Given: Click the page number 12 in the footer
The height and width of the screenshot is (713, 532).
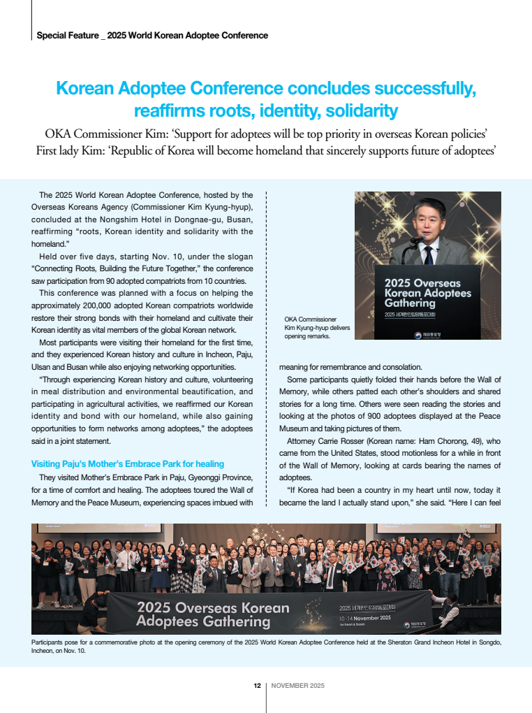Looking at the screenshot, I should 257,686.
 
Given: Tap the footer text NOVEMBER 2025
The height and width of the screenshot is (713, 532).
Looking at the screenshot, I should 298,686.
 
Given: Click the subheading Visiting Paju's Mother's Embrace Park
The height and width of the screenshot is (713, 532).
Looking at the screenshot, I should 128,463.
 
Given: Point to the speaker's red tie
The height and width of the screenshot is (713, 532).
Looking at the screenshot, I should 428,254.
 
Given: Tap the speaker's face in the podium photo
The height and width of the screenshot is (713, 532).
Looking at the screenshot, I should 428,219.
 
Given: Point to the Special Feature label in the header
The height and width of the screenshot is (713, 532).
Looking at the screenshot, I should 67,35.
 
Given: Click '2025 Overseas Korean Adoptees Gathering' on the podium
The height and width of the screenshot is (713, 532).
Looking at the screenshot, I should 427,294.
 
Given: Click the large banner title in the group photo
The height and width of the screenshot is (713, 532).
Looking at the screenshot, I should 213,614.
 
